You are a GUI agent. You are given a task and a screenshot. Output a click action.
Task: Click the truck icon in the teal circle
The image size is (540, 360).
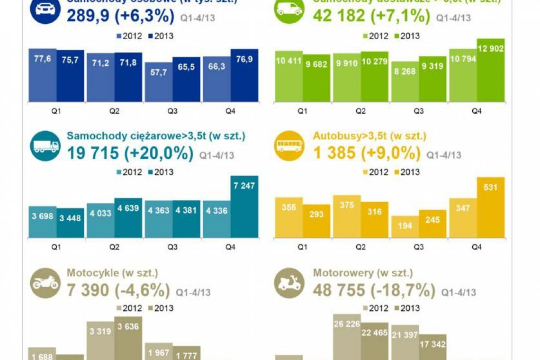45,146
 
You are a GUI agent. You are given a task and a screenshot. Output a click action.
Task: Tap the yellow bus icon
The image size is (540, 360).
289,146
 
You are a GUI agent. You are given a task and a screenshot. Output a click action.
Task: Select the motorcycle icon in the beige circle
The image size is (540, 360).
45,283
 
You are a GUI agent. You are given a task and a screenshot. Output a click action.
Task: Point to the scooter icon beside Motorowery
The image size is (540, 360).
289,283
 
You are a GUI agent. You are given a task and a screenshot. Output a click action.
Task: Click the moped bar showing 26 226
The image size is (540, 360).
347,336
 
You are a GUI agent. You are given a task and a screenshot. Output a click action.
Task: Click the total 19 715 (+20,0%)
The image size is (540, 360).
130,153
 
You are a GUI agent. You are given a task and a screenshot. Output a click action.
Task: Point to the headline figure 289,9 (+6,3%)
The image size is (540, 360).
121,16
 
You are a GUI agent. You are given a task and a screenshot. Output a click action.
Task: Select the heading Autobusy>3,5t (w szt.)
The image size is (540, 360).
369,136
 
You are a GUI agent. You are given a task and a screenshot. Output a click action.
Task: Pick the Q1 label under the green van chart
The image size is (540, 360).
302,111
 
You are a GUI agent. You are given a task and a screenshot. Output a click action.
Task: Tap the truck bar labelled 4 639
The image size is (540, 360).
128,218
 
